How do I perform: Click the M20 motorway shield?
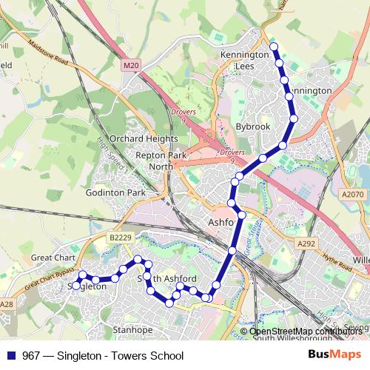click(x=131, y=66)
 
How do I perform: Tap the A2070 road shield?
click(x=353, y=194)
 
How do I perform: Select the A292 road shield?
click(x=306, y=243)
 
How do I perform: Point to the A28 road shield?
click(x=7, y=304)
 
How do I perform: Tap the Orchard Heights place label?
click(x=144, y=138)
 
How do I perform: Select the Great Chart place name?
click(x=53, y=258)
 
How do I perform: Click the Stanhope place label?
click(x=132, y=329)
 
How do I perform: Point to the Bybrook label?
click(x=253, y=127)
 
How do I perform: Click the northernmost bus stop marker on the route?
click(x=274, y=47)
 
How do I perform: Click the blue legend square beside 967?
click(x=11, y=355)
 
